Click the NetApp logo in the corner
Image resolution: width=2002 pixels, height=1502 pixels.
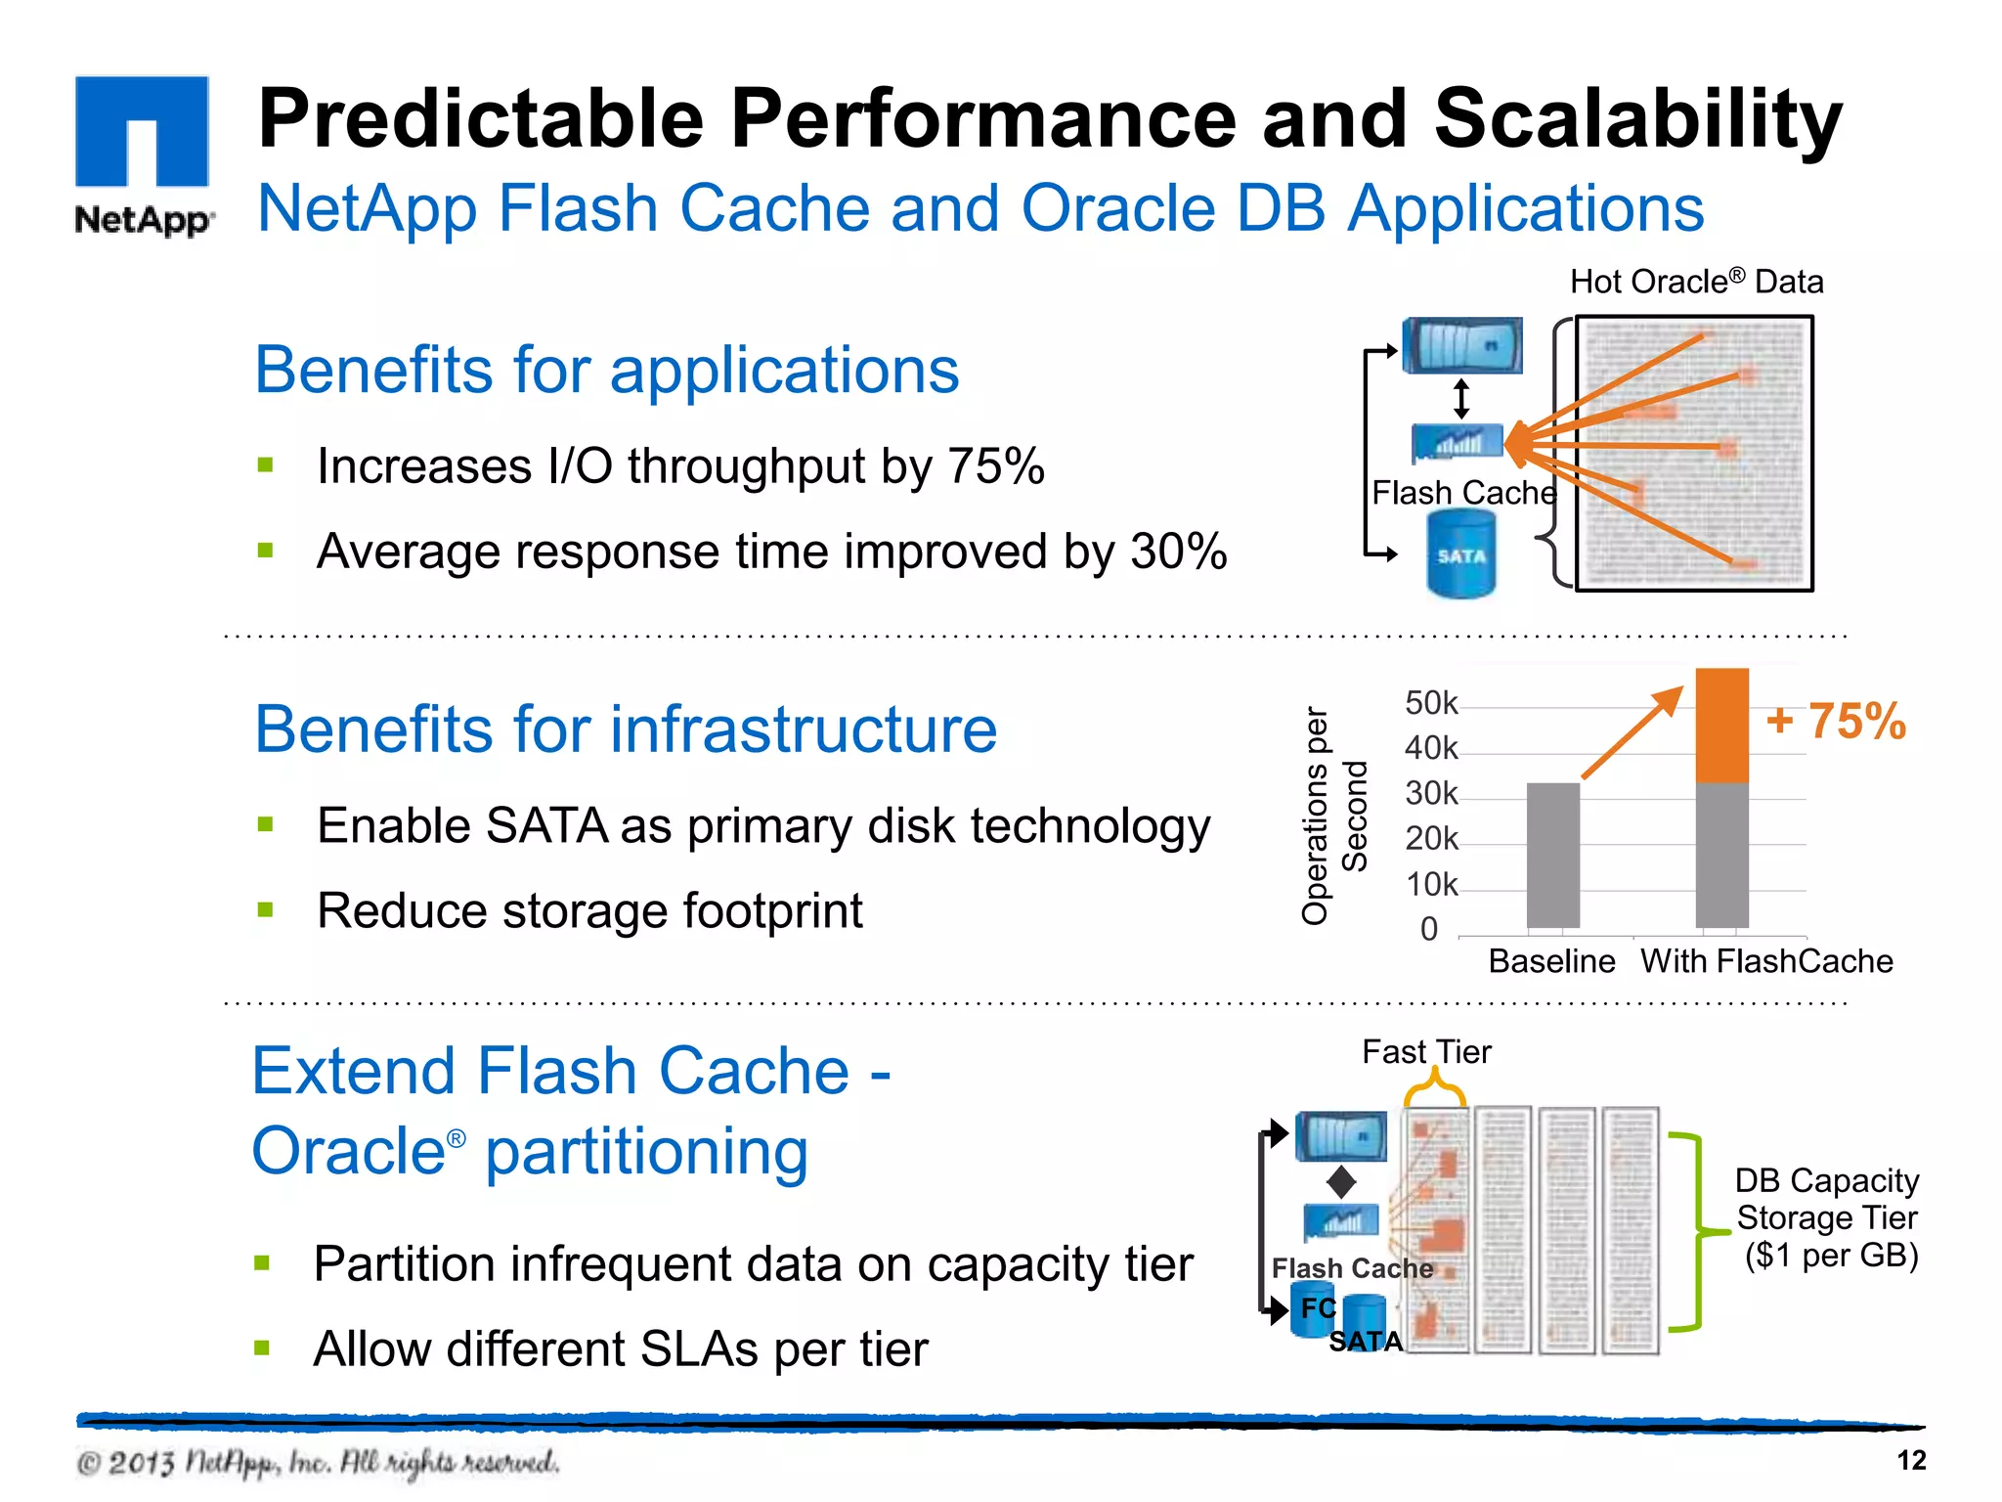[143, 155]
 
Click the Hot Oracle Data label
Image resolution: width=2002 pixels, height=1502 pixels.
[1696, 282]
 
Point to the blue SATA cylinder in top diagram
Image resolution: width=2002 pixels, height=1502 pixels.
[1460, 554]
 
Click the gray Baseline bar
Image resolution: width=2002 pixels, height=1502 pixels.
[1552, 855]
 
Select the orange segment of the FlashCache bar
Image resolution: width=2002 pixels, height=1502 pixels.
[1721, 726]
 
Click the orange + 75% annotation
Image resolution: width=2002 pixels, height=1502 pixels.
[1835, 722]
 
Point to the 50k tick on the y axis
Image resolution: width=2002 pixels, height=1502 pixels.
[1430, 703]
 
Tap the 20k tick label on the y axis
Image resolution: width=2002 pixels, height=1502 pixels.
[1430, 839]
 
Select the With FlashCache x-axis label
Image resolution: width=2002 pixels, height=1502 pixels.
[1765, 961]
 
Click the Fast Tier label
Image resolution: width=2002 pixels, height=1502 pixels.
[1426, 1052]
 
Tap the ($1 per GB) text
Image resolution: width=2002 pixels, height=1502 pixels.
[1831, 1255]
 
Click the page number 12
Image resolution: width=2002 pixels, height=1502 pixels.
[1910, 1460]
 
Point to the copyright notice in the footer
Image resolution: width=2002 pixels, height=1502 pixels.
[318, 1463]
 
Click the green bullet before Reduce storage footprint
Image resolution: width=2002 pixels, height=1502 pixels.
[265, 910]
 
